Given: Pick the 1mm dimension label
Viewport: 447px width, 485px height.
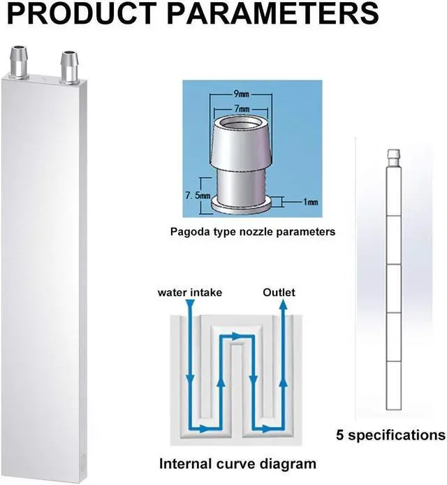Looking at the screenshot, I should click(310, 202).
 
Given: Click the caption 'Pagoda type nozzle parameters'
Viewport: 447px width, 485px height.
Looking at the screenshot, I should click(252, 231).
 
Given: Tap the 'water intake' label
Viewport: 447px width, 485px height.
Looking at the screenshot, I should click(189, 292).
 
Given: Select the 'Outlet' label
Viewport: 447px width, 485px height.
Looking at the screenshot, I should click(278, 292).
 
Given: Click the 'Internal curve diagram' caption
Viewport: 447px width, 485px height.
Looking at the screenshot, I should click(237, 463).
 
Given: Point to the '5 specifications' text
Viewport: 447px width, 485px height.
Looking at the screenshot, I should click(390, 435).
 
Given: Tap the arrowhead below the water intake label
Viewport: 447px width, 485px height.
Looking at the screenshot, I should click(189, 306).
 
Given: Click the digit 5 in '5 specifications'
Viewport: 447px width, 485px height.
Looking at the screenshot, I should click(339, 435).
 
